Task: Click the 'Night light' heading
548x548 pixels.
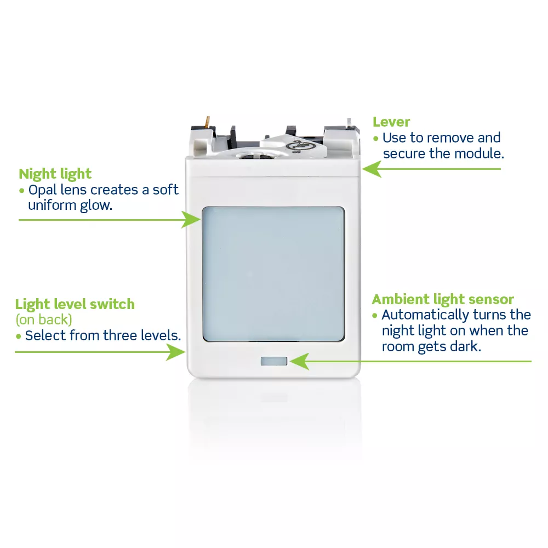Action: pyautogui.click(x=55, y=174)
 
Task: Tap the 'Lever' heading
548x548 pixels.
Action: pyautogui.click(x=391, y=122)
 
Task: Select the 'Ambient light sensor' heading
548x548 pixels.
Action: pyautogui.click(x=442, y=300)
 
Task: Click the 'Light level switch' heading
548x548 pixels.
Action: pyautogui.click(x=75, y=304)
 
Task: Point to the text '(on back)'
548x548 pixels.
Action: pyautogui.click(x=44, y=319)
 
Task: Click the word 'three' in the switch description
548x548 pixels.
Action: pyautogui.click(x=120, y=335)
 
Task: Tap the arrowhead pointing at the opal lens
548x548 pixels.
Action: pyautogui.click(x=191, y=220)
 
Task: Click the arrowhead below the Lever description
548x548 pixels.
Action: pyautogui.click(x=372, y=169)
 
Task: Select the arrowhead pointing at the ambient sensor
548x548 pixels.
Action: pyautogui.click(x=300, y=361)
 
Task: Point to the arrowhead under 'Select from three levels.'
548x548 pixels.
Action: pyautogui.click(x=175, y=352)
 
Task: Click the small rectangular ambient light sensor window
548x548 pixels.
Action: pyautogui.click(x=274, y=361)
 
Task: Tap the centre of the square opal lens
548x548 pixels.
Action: pyautogui.click(x=273, y=274)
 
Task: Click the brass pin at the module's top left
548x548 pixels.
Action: pyautogui.click(x=208, y=122)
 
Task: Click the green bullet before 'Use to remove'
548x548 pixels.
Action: pyautogui.click(x=376, y=139)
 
